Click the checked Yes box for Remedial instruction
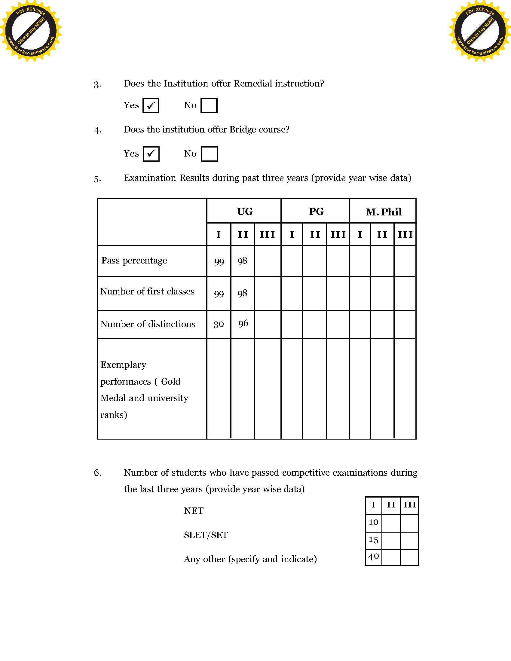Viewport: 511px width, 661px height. click(151, 105)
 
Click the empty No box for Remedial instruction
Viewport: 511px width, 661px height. click(209, 105)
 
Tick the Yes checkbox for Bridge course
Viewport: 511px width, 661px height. click(151, 154)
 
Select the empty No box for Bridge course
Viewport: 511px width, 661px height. click(209, 154)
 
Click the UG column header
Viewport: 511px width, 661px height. click(245, 212)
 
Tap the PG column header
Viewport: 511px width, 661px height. click(316, 212)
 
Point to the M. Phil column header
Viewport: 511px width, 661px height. click(384, 212)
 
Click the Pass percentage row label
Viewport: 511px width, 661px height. click(134, 260)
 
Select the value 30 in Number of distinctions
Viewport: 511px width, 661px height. click(219, 324)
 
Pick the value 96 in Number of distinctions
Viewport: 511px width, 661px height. click(243, 324)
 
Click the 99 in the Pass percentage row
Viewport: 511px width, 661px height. click(219, 261)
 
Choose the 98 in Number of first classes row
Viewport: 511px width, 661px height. click(242, 293)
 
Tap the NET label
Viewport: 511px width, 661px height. click(194, 511)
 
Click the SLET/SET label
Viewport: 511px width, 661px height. click(206, 535)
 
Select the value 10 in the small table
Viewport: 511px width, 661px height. click(374, 522)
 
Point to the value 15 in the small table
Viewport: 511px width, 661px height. click(374, 540)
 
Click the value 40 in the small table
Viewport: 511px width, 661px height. click(374, 556)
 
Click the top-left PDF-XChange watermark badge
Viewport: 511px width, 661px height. click(31, 31)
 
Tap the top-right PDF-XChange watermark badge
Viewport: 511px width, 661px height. click(480, 31)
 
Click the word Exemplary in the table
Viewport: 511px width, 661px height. click(123, 365)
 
